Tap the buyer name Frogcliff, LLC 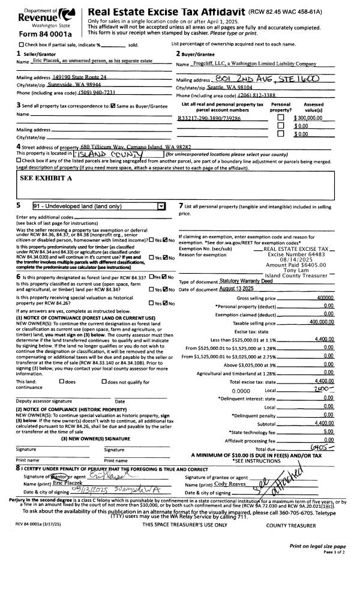[255, 63]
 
